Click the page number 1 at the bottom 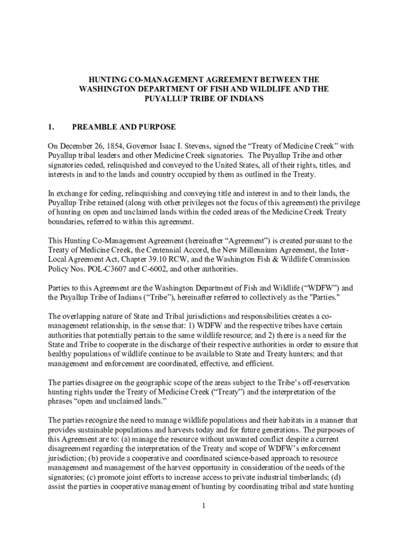coord(203,505)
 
